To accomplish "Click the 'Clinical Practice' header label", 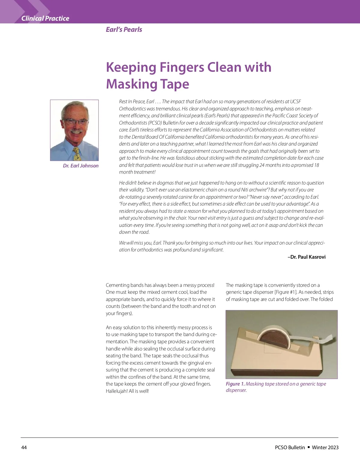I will pyautogui.click(x=45, y=19).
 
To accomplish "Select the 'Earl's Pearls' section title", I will pyautogui.click(x=124, y=29).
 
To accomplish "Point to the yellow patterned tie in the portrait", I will pyautogui.click(x=77, y=153).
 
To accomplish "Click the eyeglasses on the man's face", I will pyautogui.click(x=75, y=122).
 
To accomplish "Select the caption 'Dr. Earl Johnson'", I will pyautogui.click(x=81, y=166).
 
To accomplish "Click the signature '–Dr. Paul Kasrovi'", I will pyautogui.click(x=307, y=257).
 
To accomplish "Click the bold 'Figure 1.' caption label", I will pyautogui.click(x=235, y=384).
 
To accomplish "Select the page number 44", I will pyautogui.click(x=24, y=447).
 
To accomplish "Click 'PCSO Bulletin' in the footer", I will pyautogui.click(x=290, y=447).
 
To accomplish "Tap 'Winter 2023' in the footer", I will pyautogui.click(x=325, y=447).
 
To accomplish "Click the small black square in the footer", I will pyautogui.click(x=309, y=447).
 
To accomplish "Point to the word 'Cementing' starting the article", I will pyautogui.click(x=117, y=285).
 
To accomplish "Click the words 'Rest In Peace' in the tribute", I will pyautogui.click(x=132, y=101).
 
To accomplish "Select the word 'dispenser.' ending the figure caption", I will pyautogui.click(x=236, y=390).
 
